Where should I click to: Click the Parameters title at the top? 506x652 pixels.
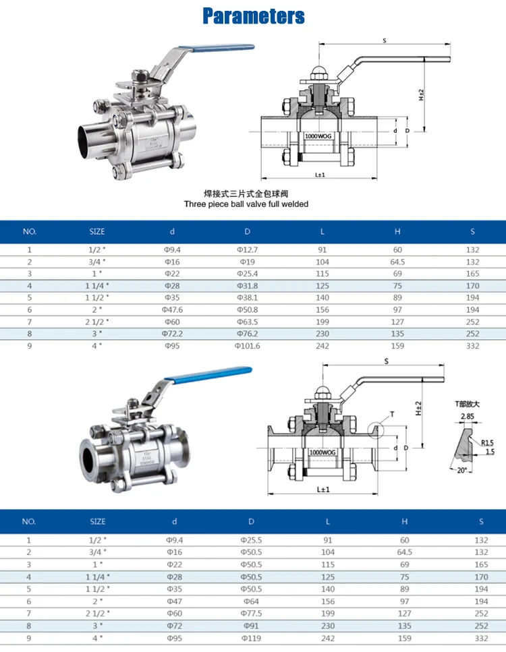point(253,16)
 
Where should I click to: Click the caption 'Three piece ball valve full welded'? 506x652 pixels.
point(246,204)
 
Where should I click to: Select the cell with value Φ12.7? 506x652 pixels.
point(247,249)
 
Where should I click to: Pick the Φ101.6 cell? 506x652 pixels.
point(247,346)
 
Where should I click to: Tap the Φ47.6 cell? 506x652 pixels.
point(172,309)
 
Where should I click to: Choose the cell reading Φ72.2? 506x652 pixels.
point(172,334)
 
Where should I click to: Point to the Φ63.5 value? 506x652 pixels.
point(247,322)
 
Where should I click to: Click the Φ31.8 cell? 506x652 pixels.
point(247,286)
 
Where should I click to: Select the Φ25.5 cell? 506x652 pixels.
point(251,540)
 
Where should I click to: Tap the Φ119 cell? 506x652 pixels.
point(251,636)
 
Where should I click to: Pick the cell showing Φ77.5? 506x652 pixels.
point(251,612)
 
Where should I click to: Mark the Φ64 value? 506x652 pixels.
point(251,600)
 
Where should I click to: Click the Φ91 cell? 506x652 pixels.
point(251,624)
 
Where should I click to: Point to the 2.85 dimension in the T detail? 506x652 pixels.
point(466,417)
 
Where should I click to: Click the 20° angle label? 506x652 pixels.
point(461,471)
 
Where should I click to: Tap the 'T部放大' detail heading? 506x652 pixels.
point(466,404)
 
